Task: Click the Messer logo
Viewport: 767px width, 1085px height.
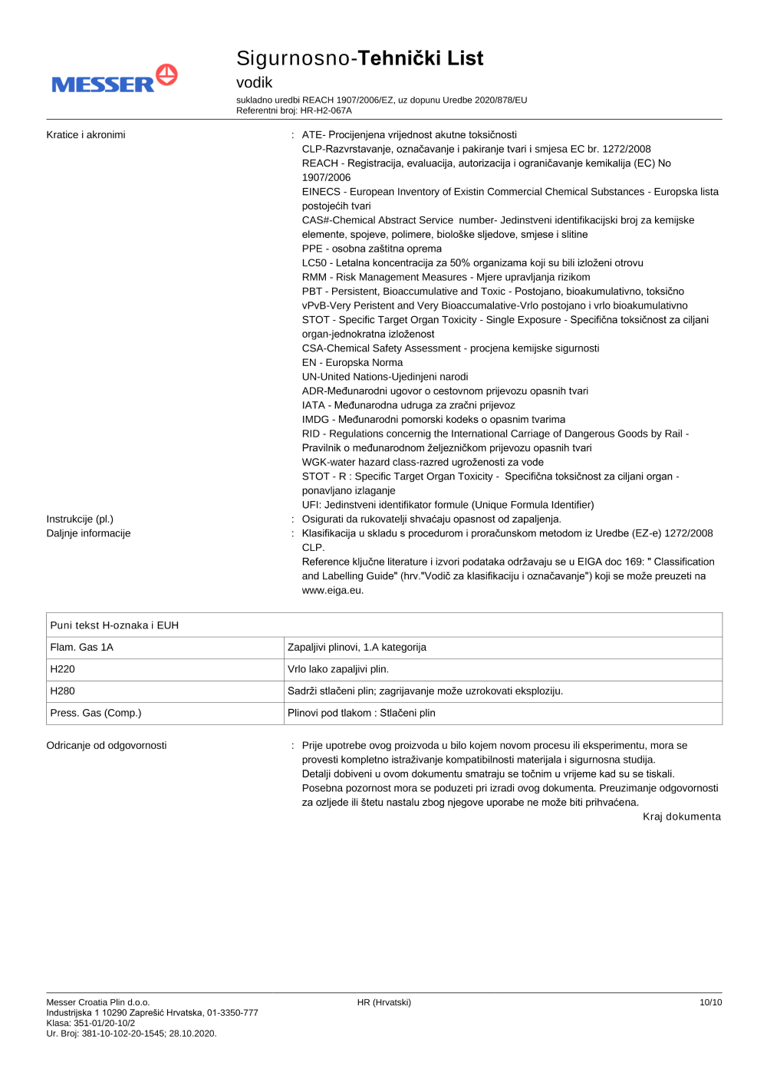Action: coord(114,79)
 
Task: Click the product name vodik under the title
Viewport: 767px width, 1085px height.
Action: coord(254,83)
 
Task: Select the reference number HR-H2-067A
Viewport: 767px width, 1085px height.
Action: coord(326,110)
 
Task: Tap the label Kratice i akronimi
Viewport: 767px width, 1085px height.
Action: coord(86,135)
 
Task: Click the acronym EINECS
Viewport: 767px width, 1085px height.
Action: coord(321,192)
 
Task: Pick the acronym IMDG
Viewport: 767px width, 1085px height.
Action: coord(315,420)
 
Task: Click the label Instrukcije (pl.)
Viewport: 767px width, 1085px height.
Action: coord(80,519)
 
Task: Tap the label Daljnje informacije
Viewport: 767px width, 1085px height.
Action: coord(88,533)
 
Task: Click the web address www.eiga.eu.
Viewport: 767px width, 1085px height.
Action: coord(332,591)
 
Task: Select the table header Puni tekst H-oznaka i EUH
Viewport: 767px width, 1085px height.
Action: coord(114,625)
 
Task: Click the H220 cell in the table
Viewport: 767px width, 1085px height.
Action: coord(63,669)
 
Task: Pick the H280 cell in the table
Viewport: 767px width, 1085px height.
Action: coord(63,691)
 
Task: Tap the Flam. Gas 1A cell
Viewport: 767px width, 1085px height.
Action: coord(82,648)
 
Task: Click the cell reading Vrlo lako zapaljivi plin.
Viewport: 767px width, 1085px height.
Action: coord(338,669)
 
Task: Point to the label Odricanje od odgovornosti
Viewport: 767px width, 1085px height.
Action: coord(107,746)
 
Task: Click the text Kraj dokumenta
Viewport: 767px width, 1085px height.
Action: coord(681,817)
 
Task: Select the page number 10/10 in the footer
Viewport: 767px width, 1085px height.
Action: coord(710,1003)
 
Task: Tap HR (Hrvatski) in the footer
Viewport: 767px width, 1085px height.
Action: coord(383,1003)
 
